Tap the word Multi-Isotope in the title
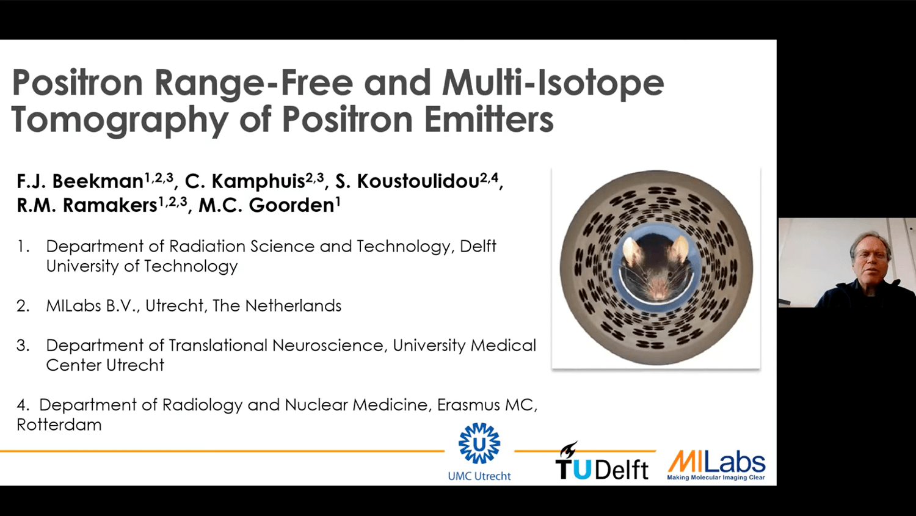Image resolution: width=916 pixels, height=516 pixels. [553, 83]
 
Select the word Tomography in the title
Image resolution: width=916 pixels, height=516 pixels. [120, 120]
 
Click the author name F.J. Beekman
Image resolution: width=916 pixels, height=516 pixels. [80, 181]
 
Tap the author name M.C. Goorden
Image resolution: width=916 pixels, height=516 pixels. [266, 205]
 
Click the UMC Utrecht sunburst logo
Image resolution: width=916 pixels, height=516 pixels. [479, 443]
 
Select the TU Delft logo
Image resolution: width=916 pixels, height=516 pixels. [602, 463]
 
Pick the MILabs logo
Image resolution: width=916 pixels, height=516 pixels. [716, 462]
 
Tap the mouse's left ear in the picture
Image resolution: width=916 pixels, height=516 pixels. [633, 249]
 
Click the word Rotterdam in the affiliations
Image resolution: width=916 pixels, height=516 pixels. [59, 425]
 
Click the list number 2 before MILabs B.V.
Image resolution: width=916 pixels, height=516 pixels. [23, 306]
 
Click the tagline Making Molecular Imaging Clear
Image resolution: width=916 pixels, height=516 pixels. [716, 478]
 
